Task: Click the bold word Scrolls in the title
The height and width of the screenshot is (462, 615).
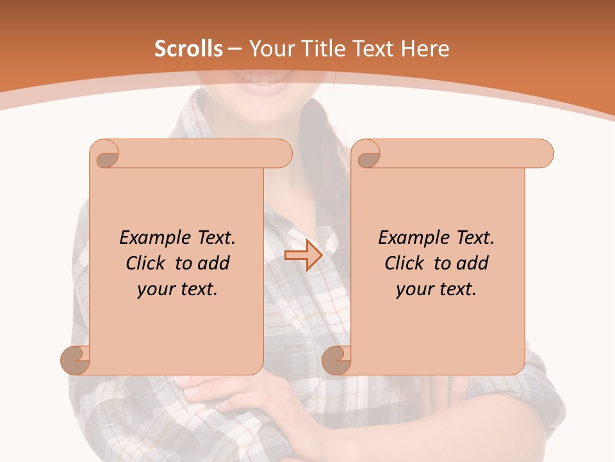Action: tap(188, 49)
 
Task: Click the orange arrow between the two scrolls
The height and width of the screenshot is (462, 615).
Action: tap(303, 255)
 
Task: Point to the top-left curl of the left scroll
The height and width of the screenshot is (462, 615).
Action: tap(106, 155)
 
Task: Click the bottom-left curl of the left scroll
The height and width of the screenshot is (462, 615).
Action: tap(76, 360)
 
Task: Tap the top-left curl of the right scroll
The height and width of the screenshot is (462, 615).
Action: tap(367, 155)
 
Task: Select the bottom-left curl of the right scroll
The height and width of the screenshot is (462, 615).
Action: tap(337, 360)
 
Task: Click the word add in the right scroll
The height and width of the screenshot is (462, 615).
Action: tap(473, 264)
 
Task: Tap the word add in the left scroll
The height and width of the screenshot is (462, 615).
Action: tap(214, 264)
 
